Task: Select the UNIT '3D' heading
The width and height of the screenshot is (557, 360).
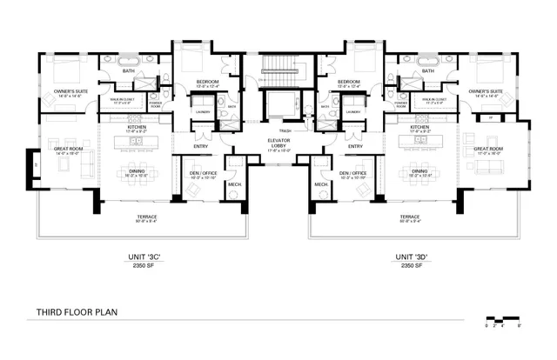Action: (x=410, y=257)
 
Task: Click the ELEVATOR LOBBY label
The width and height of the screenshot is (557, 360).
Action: (x=278, y=145)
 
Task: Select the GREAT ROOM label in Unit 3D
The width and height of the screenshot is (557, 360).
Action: (x=488, y=149)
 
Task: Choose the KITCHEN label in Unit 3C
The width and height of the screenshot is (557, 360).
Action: (x=136, y=127)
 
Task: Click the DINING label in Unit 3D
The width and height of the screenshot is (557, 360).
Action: (x=419, y=171)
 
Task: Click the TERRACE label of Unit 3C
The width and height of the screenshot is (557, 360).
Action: (x=146, y=217)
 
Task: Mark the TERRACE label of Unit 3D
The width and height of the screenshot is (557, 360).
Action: (x=410, y=217)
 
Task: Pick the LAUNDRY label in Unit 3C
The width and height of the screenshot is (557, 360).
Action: (x=202, y=111)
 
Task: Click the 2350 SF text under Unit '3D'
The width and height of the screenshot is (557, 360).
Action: (x=410, y=266)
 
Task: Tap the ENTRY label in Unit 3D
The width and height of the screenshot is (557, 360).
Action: (x=355, y=146)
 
